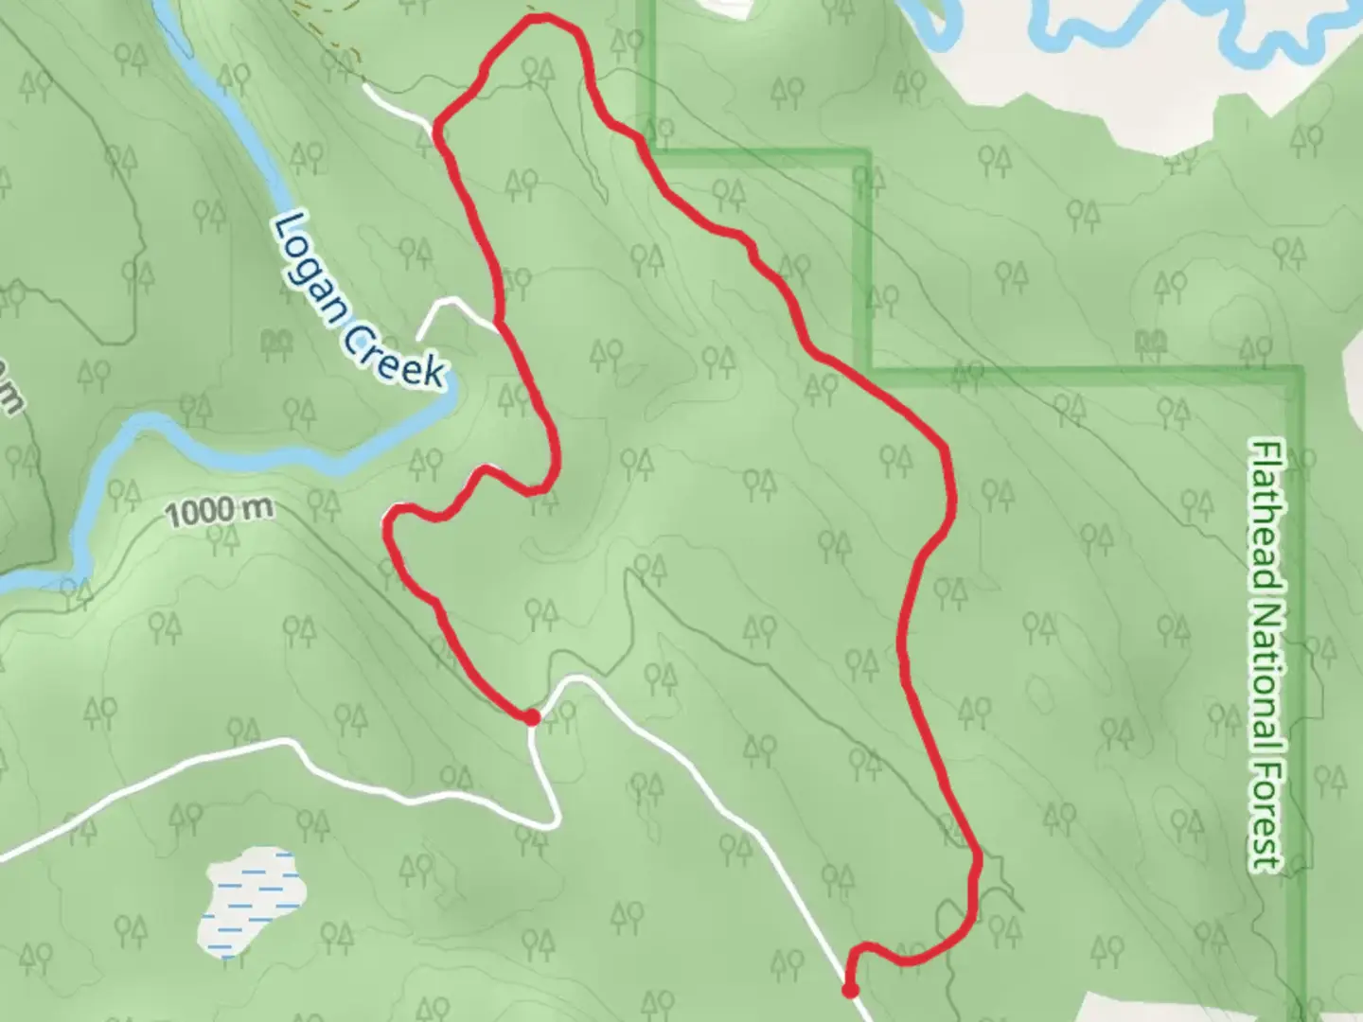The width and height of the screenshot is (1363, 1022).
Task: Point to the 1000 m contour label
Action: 220,512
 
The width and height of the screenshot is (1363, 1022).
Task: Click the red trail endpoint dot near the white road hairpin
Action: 532,717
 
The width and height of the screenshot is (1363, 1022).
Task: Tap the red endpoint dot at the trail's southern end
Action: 850,991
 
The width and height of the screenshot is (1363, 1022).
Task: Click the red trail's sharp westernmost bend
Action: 388,520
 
